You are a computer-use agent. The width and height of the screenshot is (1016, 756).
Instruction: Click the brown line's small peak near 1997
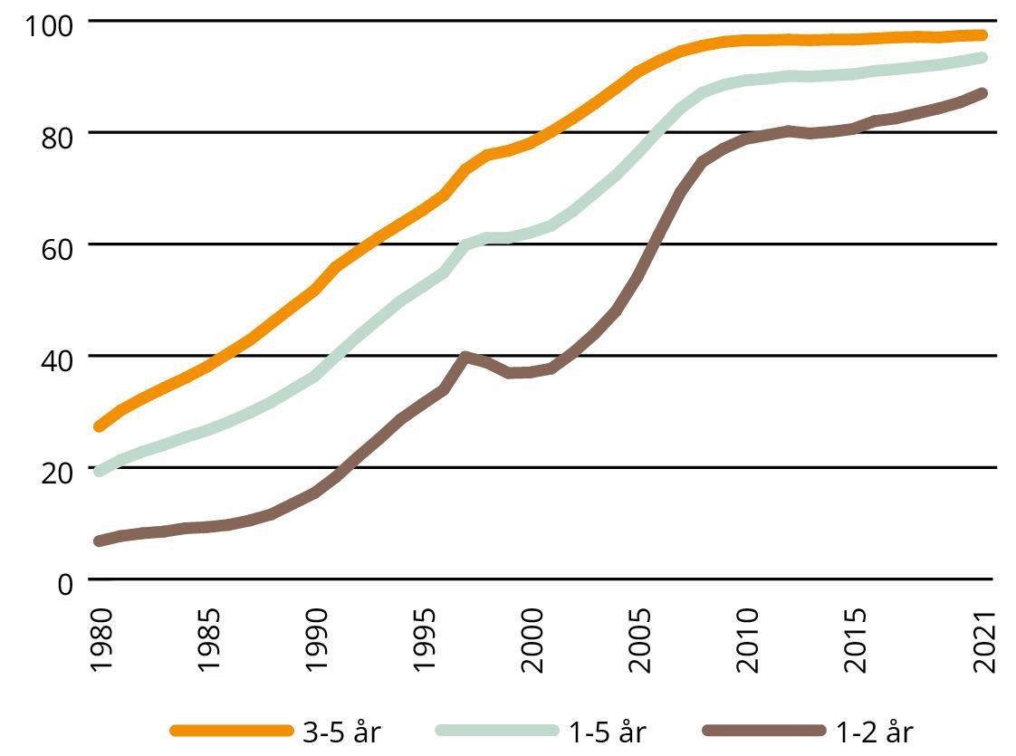465,357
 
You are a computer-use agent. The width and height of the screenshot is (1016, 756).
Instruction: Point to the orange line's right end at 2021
982,35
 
